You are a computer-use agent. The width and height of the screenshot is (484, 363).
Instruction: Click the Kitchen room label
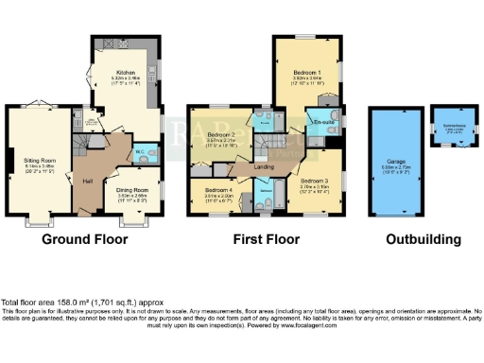pos(126,72)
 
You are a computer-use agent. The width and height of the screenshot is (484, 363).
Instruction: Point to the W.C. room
pos(138,150)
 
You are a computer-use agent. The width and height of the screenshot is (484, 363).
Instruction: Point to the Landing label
pos(264,168)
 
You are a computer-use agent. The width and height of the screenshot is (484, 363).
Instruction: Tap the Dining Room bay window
pos(133,223)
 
